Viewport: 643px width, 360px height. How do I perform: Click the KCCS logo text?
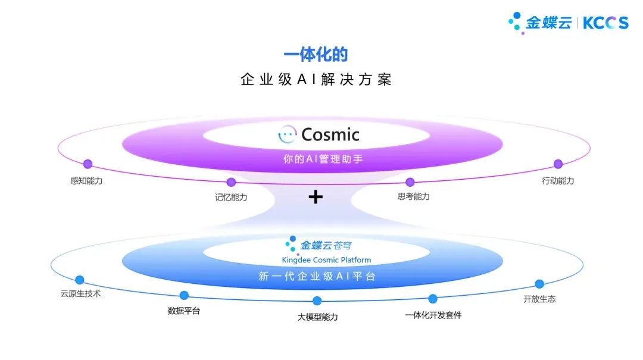coord(605,23)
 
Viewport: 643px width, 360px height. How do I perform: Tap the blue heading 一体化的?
coord(316,55)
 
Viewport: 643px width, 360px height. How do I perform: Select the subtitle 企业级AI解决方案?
coord(316,80)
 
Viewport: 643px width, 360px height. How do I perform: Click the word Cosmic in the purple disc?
coord(330,134)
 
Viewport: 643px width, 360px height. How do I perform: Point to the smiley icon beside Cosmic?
coord(288,134)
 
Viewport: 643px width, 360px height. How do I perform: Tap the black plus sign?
coord(316,197)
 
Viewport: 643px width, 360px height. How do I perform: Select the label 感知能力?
coord(86,180)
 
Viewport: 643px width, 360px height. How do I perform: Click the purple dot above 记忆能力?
coord(231,182)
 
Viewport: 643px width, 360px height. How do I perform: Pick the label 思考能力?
coord(413,196)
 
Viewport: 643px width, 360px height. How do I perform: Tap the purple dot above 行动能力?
coord(558,164)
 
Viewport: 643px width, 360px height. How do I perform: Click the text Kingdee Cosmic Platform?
coord(326,260)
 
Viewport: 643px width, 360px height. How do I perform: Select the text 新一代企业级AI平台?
coord(317,277)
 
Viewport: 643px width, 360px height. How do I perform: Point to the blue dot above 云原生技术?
coord(80,280)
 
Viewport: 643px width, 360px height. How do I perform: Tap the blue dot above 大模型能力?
coord(317,301)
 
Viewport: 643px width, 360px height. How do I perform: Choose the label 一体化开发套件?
coord(433,315)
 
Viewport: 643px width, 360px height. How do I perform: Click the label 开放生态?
coord(539,299)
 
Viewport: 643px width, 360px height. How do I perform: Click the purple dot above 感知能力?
coord(88,164)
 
